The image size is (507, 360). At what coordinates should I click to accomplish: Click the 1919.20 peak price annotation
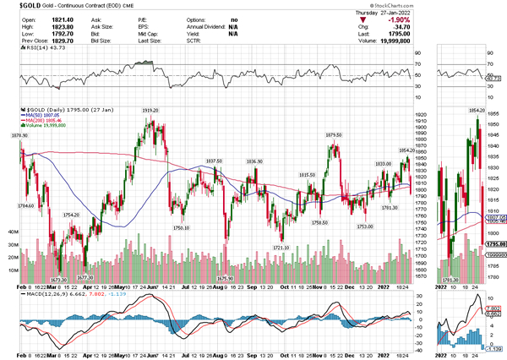pyautogui.click(x=150, y=111)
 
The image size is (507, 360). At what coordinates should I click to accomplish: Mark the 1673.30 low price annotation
pyautogui.click(x=58, y=280)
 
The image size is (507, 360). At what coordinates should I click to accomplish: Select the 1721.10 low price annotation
pyautogui.click(x=281, y=248)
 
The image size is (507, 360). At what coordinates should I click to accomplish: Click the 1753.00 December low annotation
pyautogui.click(x=364, y=226)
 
